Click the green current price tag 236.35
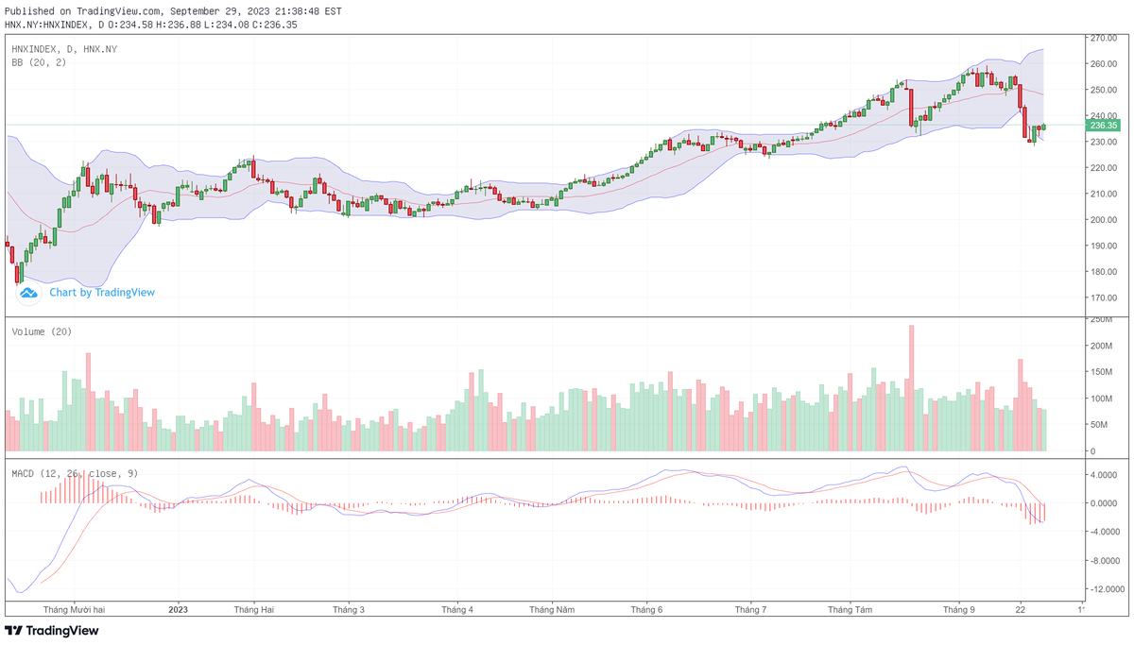(x=1103, y=125)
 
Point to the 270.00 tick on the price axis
(x=1103, y=39)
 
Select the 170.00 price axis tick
(x=1103, y=297)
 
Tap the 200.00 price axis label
(x=1103, y=220)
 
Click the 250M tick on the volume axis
(x=1099, y=320)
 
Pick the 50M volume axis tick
(x=1097, y=425)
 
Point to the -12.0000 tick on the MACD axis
(x=1102, y=589)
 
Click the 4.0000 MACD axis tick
(x=1102, y=475)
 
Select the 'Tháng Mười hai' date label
(x=74, y=609)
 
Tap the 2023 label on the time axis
(x=179, y=609)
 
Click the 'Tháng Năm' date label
(x=552, y=609)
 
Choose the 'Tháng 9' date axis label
(x=958, y=609)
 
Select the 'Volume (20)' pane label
(x=42, y=331)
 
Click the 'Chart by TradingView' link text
(x=102, y=293)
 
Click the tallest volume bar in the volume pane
(x=911, y=387)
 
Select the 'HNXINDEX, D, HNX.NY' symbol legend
(x=64, y=49)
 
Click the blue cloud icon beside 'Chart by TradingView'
(x=29, y=293)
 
